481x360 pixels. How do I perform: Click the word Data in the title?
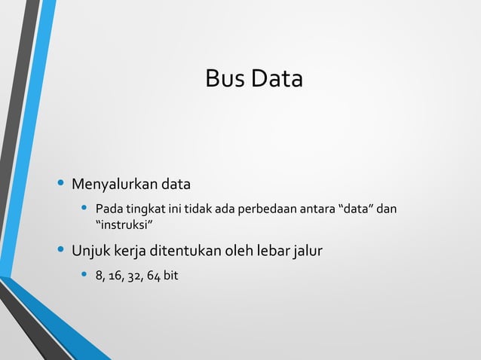pyautogui.click(x=277, y=79)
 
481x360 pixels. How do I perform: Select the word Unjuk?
pyautogui.click(x=89, y=249)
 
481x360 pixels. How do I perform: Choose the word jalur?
pyautogui.click(x=309, y=249)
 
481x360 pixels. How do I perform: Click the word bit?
pyautogui.click(x=171, y=276)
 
